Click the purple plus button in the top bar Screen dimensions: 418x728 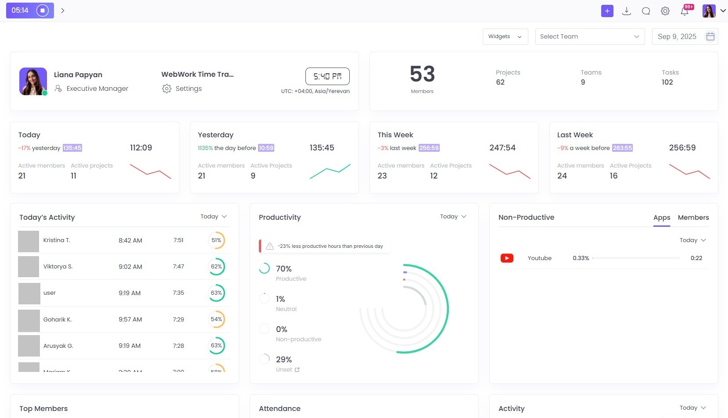(607, 11)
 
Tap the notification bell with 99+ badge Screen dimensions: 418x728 (685, 11)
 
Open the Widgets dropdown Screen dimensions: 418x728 (505, 36)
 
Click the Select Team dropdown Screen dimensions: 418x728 (589, 36)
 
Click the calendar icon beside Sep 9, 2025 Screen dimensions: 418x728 (710, 36)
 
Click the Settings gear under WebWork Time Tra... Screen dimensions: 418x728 (167, 89)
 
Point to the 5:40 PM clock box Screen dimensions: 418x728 (327, 76)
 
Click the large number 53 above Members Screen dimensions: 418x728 (422, 74)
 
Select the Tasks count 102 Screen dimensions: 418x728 (667, 82)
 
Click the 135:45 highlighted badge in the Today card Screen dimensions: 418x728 (72, 148)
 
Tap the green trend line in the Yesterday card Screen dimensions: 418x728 (330, 171)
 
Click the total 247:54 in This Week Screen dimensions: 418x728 (502, 148)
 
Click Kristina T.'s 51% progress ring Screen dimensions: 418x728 (216, 240)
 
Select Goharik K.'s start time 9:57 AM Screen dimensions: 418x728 (130, 319)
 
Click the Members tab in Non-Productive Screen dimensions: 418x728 (693, 218)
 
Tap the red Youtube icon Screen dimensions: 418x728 (507, 258)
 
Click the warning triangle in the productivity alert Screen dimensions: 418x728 (270, 246)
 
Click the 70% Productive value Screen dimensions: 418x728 (283, 268)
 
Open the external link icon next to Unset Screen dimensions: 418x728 (297, 370)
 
